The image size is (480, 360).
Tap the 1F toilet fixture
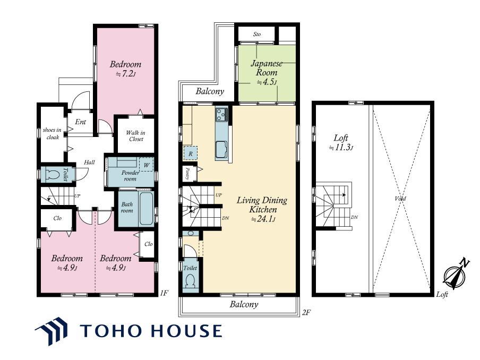[52, 175]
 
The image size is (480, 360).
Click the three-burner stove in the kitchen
[221, 115]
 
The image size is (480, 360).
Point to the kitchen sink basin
[221, 149]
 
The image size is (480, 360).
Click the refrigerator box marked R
[191, 153]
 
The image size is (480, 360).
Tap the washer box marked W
[147, 165]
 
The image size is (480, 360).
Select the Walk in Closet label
[135, 136]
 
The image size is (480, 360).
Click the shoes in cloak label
[52, 133]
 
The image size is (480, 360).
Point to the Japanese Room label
[267, 68]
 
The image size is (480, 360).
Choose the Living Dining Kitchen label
[262, 205]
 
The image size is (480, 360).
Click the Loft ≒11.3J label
[341, 142]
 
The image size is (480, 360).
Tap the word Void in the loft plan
[400, 199]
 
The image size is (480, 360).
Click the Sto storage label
[257, 35]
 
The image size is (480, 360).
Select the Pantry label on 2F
[187, 174]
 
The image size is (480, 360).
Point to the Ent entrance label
[80, 122]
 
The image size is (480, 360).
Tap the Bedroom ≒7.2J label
[125, 69]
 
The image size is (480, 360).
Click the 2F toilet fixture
[191, 280]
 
